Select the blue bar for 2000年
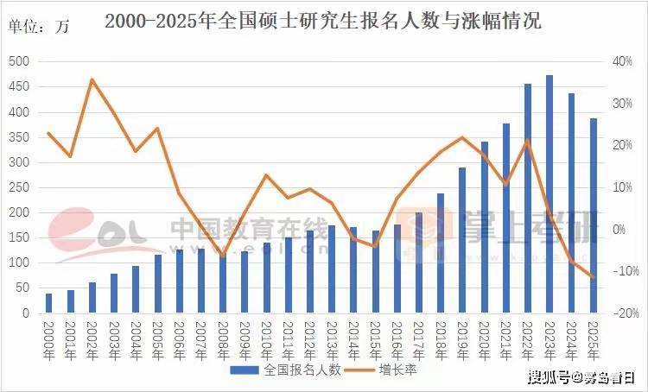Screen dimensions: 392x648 click(x=48, y=303)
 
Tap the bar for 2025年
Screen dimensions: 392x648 click(x=594, y=216)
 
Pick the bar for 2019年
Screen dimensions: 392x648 click(x=462, y=240)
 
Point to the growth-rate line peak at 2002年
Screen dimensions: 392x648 click(x=92, y=79)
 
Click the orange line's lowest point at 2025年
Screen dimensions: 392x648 click(x=594, y=277)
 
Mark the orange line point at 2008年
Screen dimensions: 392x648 click(x=223, y=256)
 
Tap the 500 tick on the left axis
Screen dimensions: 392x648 click(x=19, y=62)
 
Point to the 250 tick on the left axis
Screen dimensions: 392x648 click(x=19, y=188)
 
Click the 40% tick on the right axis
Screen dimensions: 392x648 click(x=623, y=62)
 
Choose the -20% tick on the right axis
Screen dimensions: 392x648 click(x=623, y=313)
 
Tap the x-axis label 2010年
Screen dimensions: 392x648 click(x=266, y=339)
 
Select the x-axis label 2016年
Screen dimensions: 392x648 click(x=397, y=339)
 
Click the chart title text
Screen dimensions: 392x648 click(x=323, y=22)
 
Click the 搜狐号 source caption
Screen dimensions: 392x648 click(x=580, y=377)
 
